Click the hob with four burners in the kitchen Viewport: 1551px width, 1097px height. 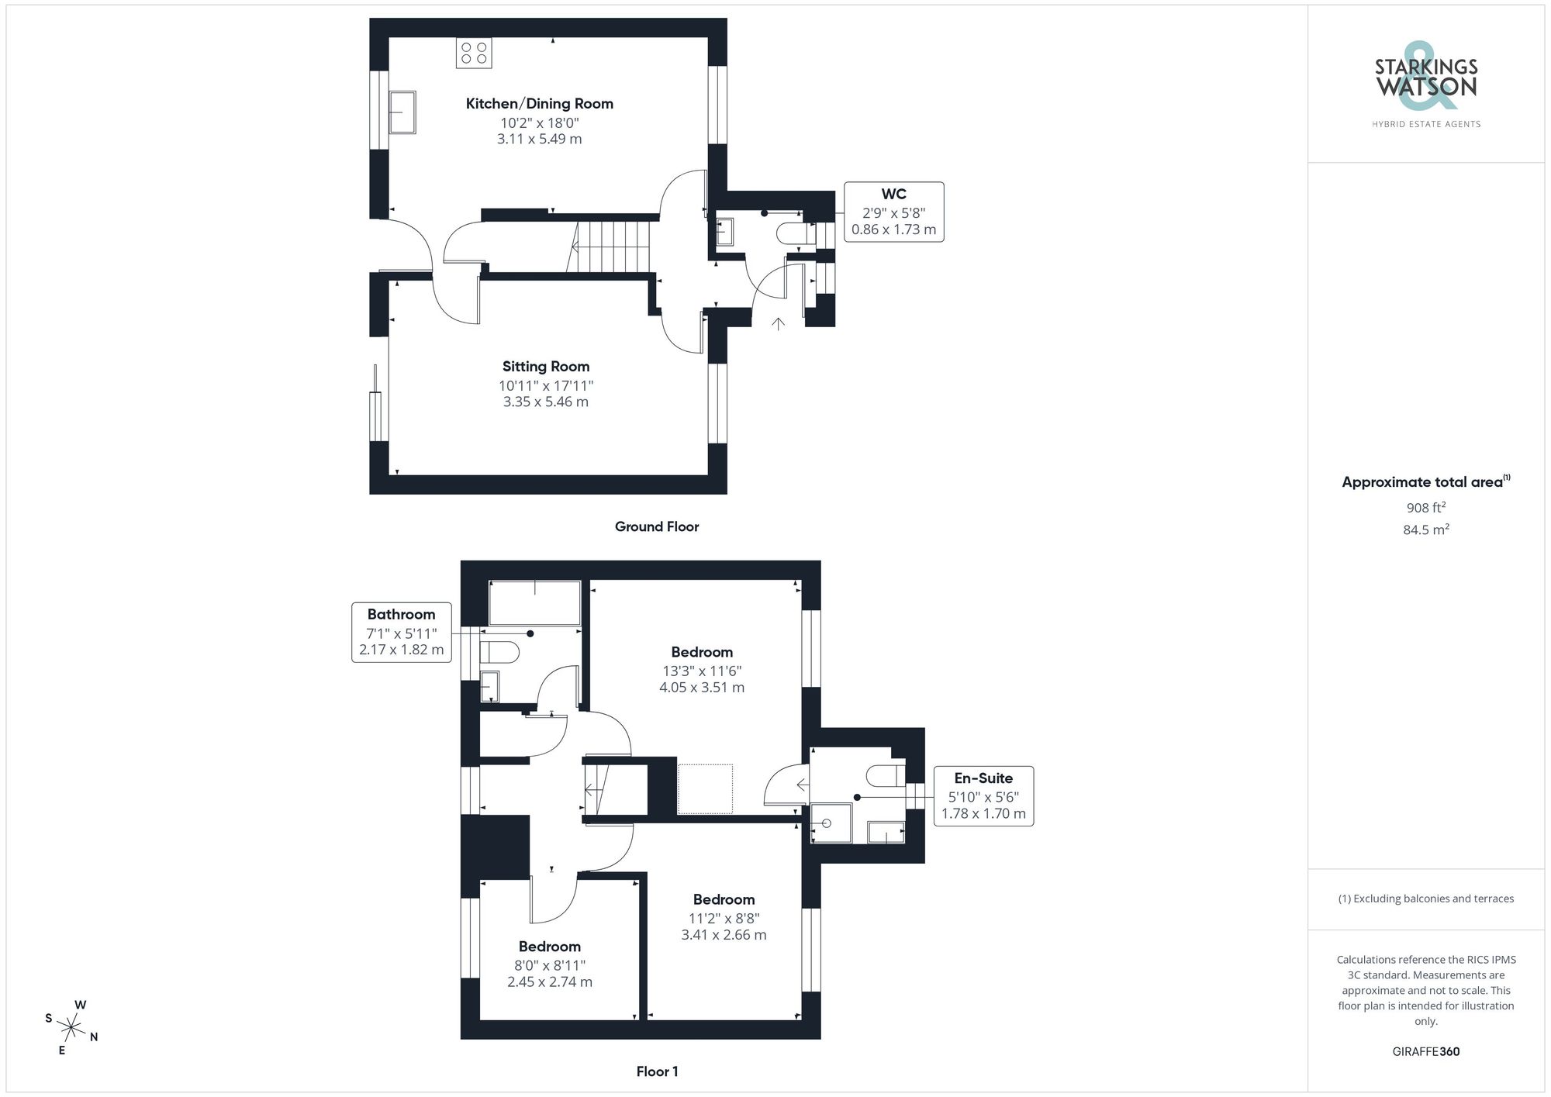tap(473, 53)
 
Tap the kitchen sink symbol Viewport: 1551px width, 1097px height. tap(402, 112)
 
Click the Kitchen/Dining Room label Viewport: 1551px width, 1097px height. tap(539, 104)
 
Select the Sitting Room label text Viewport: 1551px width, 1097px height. tap(545, 367)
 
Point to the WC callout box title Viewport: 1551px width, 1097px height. tap(893, 195)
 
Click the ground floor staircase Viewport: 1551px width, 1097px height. tap(613, 247)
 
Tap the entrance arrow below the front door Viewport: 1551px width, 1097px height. tap(778, 323)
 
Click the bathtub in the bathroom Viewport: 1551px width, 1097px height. tap(534, 602)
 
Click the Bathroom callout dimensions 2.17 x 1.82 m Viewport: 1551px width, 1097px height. tap(401, 650)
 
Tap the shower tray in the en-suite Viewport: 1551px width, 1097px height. tap(830, 823)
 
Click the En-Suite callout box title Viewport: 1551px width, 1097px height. tap(983, 778)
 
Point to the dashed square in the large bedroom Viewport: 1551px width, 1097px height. tap(705, 788)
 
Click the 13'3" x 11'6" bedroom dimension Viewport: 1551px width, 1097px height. tap(701, 671)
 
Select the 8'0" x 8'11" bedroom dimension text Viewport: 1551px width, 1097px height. tap(549, 965)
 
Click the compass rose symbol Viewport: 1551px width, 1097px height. tap(71, 1029)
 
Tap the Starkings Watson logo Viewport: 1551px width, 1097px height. tap(1425, 85)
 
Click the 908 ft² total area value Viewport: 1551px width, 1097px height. tap(1425, 509)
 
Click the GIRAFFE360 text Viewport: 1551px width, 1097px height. tap(1425, 1052)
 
